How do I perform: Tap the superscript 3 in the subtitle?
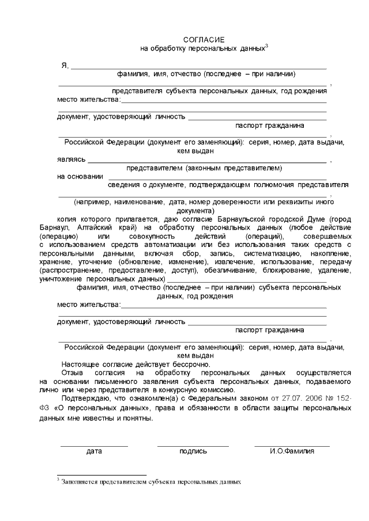267,46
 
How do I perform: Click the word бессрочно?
191,364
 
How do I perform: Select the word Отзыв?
73,372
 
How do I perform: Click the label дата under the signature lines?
94,451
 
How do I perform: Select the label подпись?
193,451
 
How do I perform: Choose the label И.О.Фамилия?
292,451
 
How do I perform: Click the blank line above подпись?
193,446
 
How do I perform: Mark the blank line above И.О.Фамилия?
292,446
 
